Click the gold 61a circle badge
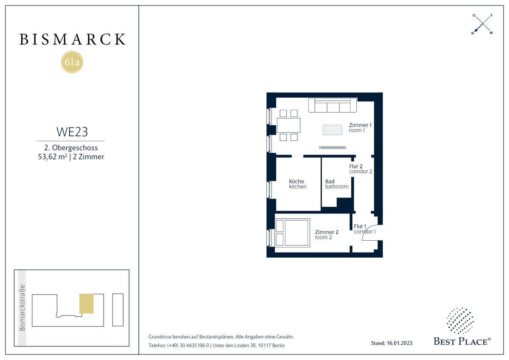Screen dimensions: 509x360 point(72,62)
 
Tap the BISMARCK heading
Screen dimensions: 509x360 point(72,39)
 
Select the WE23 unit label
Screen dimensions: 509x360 point(72,132)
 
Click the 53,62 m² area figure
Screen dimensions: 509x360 point(53,157)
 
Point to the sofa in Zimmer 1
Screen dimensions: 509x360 point(333,105)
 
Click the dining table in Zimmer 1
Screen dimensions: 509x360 point(288,125)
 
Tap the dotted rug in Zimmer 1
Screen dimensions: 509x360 point(332,130)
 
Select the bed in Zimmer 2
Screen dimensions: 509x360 point(292,233)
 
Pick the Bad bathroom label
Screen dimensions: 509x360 point(337,184)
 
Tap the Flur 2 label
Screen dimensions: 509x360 point(356,166)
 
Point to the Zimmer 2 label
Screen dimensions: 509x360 point(327,232)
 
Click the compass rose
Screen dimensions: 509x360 point(483,24)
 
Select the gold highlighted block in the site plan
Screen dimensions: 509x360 point(87,304)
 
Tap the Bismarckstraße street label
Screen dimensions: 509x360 point(22,308)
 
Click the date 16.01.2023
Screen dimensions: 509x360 point(400,343)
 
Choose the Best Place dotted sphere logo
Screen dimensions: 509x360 point(460,321)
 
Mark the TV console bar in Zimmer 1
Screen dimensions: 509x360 point(333,148)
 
